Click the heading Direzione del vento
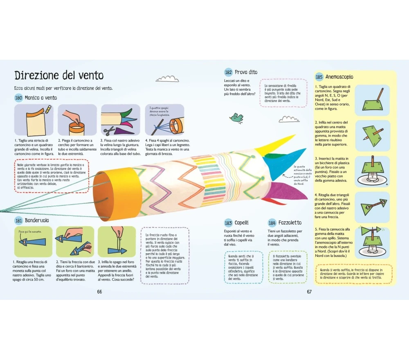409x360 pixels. (59, 76)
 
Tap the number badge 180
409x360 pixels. (18, 98)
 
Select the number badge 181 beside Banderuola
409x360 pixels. (18, 220)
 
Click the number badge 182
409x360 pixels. (228, 72)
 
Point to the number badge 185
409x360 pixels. (319, 77)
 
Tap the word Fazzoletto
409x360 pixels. (290, 223)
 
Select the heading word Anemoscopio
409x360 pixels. (339, 77)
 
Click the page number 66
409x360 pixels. (99, 292)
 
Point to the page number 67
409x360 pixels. (309, 292)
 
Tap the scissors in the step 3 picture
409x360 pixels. (109, 131)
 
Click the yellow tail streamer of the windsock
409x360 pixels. (278, 142)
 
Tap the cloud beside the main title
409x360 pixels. (168, 78)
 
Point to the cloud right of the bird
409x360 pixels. (289, 119)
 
